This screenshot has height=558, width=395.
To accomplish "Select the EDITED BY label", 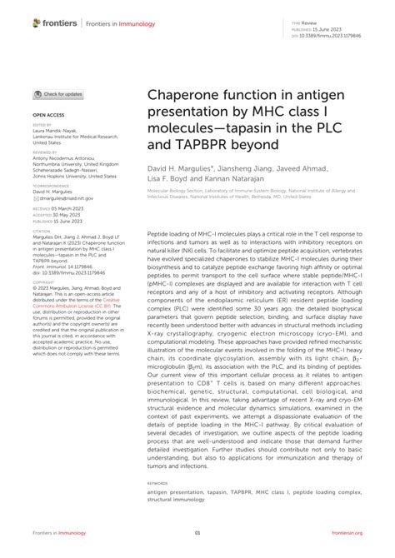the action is tap(42, 125).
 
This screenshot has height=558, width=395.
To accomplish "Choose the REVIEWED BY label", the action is tap(45, 152).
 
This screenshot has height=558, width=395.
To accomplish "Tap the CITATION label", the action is tap(42, 230).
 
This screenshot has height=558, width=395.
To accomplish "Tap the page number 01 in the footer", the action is tap(197, 533).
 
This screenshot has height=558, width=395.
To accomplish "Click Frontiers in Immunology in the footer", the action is tap(63, 533).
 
